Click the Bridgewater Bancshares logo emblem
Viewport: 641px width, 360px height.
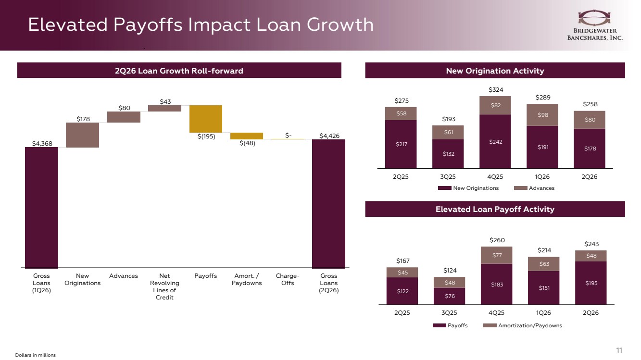click(594, 18)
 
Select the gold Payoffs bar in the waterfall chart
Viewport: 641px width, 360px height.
click(206, 119)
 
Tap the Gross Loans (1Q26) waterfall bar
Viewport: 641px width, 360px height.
click(41, 208)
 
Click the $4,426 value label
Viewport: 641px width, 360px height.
click(329, 136)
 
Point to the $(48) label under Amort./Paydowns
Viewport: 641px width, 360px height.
click(247, 143)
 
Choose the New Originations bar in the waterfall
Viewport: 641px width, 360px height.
click(82, 135)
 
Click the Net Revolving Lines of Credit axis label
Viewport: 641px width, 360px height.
click(164, 286)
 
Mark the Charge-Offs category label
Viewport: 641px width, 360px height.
click(288, 279)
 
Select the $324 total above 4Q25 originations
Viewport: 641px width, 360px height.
click(496, 90)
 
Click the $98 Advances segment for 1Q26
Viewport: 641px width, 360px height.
click(542, 115)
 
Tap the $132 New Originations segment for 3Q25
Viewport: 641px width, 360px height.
click(448, 154)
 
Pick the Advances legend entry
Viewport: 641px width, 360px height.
click(534, 188)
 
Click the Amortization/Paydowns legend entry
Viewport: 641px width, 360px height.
click(523, 325)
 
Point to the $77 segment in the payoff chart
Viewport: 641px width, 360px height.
click(496, 255)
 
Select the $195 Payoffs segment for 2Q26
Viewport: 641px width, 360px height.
click(591, 283)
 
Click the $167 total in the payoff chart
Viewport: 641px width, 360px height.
click(402, 261)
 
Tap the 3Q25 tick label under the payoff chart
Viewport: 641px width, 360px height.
click(449, 313)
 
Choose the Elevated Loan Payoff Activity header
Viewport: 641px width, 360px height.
click(495, 209)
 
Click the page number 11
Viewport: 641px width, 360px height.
click(619, 350)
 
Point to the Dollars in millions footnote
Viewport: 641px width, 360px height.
click(36, 355)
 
